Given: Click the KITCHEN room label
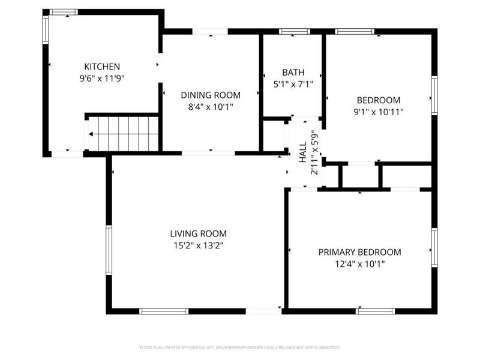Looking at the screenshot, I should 102,67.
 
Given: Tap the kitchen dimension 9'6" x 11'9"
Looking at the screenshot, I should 102,77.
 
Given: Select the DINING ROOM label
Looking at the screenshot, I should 211,95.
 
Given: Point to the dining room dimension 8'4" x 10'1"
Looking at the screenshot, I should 211,106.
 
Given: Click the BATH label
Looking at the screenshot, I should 293,73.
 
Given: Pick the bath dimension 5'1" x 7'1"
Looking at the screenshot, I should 293,85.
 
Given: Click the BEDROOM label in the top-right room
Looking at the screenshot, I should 378,100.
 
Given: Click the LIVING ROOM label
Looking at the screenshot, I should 198,233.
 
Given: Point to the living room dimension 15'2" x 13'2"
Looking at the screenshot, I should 198,245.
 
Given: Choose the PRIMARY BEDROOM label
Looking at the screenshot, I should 359,252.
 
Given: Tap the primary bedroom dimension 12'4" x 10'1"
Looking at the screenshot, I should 359,263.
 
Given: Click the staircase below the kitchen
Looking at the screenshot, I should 126,133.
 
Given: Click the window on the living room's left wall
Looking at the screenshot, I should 109,250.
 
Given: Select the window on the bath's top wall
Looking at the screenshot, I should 295,31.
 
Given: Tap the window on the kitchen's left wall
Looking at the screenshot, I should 45,29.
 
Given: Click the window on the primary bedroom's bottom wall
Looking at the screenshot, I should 375,311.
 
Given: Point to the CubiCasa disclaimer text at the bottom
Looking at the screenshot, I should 239,347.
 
